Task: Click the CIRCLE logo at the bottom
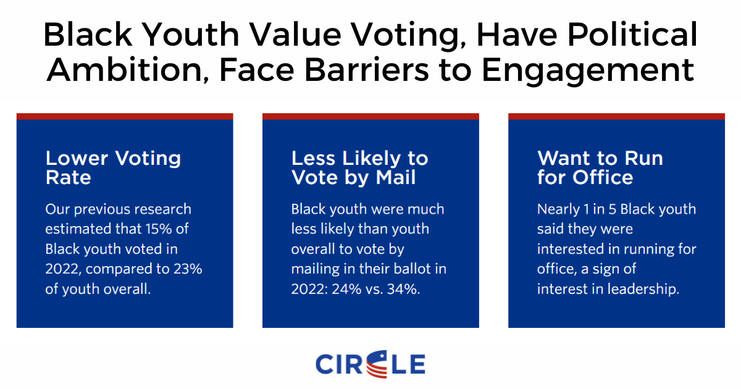(370, 364)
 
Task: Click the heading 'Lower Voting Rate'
(113, 168)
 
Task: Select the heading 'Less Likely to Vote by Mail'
(359, 168)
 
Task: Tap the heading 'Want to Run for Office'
(600, 168)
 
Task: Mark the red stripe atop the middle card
(371, 116)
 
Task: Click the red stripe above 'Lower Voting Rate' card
(125, 116)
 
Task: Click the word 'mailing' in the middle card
(315, 269)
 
